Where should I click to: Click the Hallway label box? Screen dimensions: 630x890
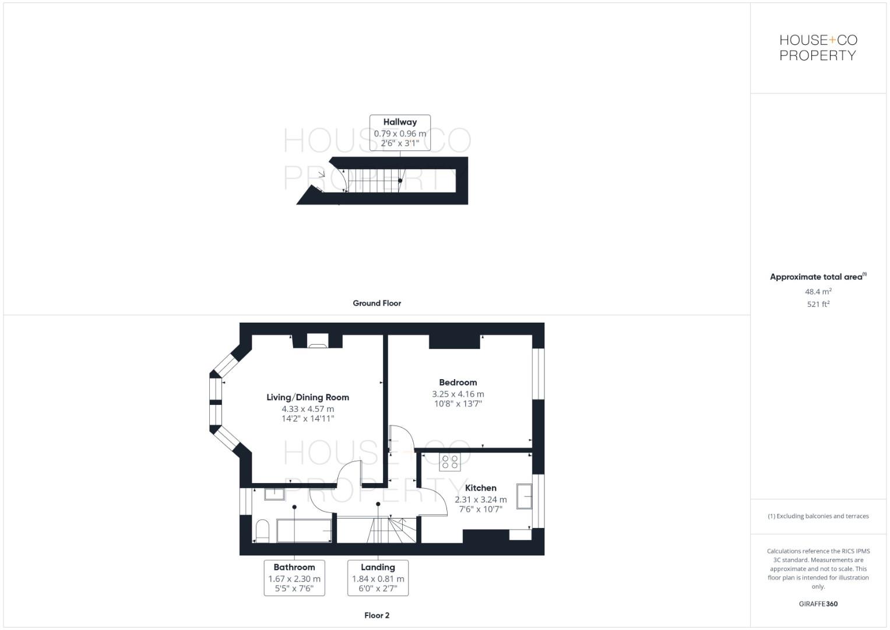(400, 132)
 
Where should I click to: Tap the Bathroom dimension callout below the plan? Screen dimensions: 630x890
(294, 577)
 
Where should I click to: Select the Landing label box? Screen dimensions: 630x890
(378, 577)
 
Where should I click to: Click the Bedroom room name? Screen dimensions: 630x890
(458, 383)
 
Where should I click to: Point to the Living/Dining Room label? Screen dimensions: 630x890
(308, 397)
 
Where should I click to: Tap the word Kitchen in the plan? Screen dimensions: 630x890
(481, 488)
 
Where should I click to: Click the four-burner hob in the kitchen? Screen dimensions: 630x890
(450, 462)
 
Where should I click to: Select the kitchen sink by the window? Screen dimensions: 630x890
(524, 496)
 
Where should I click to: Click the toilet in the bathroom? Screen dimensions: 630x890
(262, 530)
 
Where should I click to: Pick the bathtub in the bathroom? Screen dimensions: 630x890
(304, 531)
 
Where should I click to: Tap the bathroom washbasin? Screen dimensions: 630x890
(274, 494)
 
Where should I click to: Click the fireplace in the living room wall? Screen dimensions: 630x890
(318, 342)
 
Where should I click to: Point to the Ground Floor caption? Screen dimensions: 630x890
(377, 303)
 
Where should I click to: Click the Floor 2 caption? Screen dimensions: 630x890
(377, 615)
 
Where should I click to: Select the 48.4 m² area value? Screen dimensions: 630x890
(818, 292)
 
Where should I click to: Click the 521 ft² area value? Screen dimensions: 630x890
(818, 304)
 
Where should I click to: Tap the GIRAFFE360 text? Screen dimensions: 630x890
(818, 604)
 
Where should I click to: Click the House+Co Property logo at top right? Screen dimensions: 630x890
(818, 48)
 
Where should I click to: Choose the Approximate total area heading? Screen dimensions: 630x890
(817, 277)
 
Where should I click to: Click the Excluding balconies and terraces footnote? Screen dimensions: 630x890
(818, 516)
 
